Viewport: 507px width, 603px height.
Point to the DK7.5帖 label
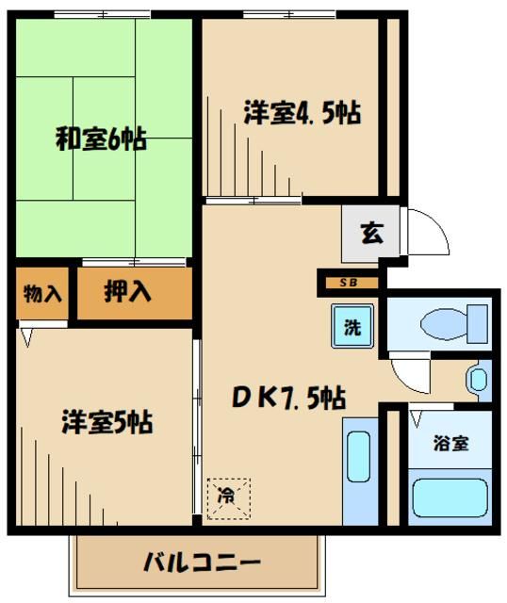point(287,400)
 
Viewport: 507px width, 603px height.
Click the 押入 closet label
point(128,292)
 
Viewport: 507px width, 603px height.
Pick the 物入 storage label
point(42,293)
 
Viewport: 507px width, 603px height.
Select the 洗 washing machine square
point(351,329)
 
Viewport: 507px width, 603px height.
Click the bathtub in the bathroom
point(450,497)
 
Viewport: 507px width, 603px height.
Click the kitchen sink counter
point(358,476)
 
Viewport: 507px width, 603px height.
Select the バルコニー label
point(202,564)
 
